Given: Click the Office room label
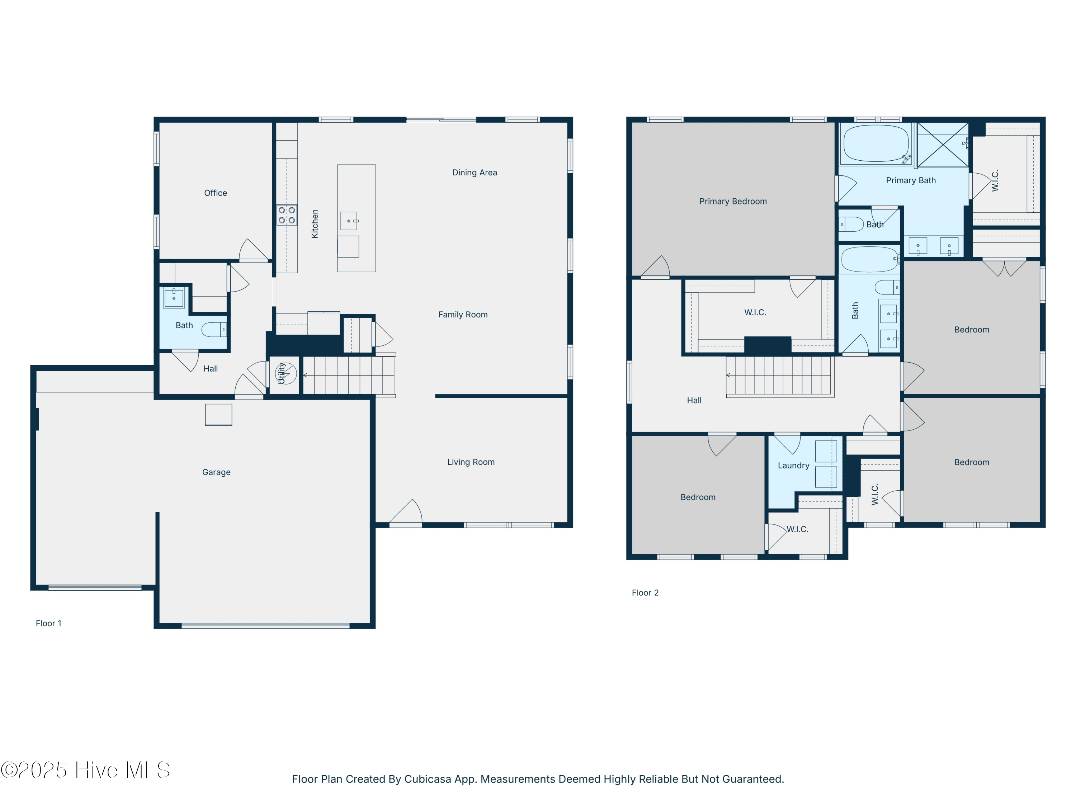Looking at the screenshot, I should [x=216, y=193].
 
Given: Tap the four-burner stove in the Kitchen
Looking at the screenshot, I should [x=287, y=215].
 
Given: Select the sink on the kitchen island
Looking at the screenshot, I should [x=349, y=221].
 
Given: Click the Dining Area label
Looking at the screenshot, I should [x=474, y=173].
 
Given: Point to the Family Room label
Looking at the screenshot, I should [x=463, y=315].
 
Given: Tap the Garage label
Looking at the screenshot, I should [x=216, y=472].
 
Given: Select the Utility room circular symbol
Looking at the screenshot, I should [x=285, y=373].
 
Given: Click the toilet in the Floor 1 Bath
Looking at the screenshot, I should [x=214, y=329].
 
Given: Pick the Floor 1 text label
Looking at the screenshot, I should [x=48, y=624].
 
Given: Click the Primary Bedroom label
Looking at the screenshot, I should [x=732, y=201].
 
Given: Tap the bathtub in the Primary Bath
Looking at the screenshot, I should [x=876, y=143].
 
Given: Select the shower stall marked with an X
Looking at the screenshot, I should [x=943, y=145].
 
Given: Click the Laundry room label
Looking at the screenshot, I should [x=793, y=466].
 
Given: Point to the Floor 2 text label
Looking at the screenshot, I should [x=645, y=593].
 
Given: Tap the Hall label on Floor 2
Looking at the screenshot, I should [x=694, y=401].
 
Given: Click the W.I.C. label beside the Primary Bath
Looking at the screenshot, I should [x=995, y=180].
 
